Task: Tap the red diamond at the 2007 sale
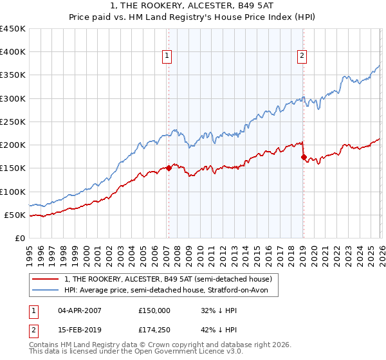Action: click(169, 168)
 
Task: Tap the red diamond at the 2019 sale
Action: click(303, 157)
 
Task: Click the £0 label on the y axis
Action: click(20, 238)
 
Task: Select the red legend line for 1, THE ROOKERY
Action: click(46, 279)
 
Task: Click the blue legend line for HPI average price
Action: click(46, 291)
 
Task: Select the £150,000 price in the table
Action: click(154, 310)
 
